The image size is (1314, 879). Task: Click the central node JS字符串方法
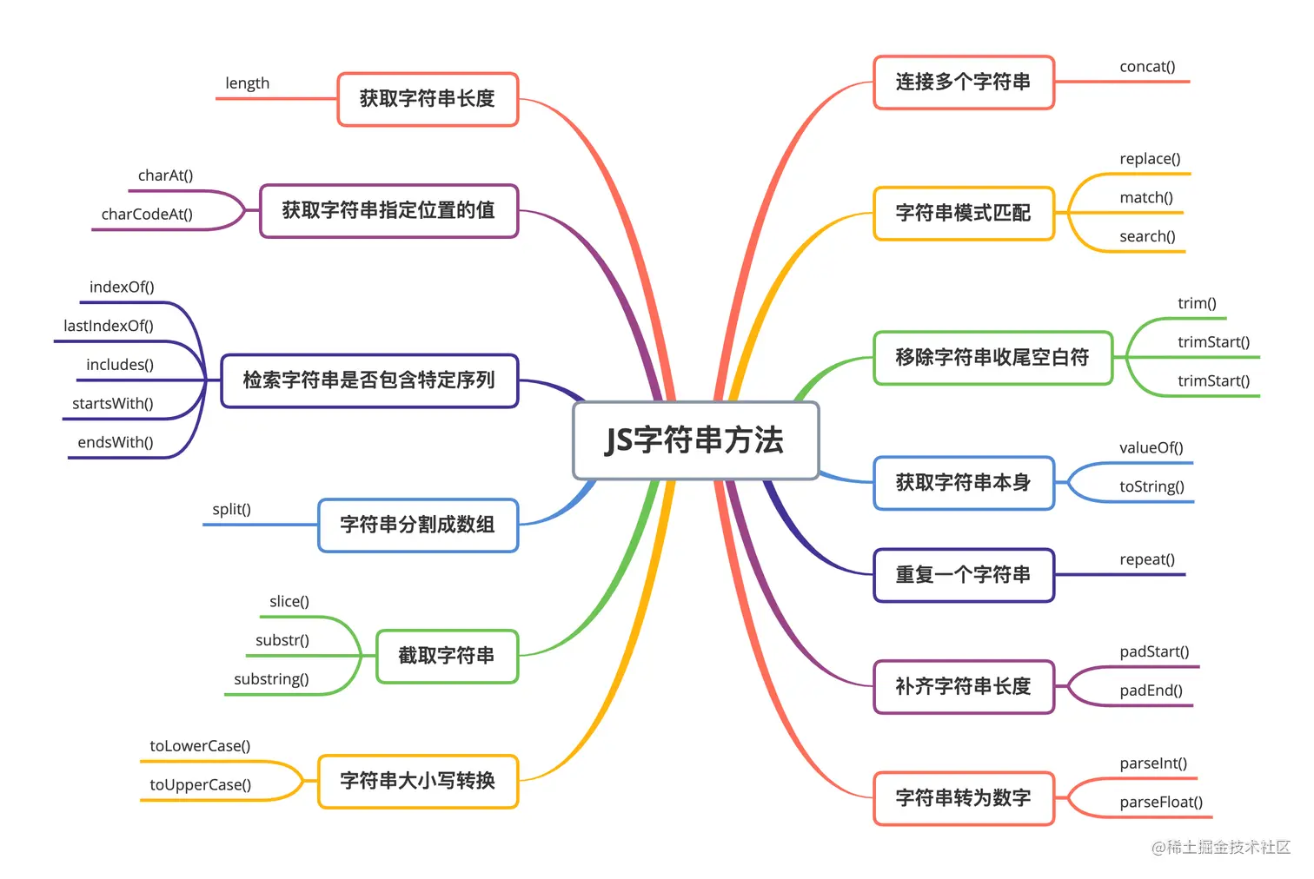pos(696,440)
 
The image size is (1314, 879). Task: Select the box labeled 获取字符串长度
pos(428,98)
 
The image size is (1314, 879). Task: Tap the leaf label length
pos(248,83)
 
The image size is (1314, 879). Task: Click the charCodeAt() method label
pos(147,214)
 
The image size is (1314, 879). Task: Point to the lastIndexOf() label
pos(109,326)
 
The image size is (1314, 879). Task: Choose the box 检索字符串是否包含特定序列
pos(369,380)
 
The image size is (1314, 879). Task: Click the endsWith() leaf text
pos(116,442)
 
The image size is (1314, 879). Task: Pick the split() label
pos(232,509)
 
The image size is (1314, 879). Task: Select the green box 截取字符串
pos(447,656)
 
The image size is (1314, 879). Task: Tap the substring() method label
pos(272,679)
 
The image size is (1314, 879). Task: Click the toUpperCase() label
pos(201,784)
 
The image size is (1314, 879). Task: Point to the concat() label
pos(1147,67)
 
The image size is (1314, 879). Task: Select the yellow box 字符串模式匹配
pos(964,213)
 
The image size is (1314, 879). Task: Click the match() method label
pos(1146,198)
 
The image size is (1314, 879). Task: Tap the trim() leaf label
pos(1198,303)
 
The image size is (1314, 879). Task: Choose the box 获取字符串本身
pos(964,483)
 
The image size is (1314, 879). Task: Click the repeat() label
pos(1147,559)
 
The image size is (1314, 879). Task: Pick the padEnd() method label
pos(1151,691)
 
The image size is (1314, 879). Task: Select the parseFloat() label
pos(1161,802)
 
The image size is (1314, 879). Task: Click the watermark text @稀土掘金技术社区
pos(1221,847)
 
